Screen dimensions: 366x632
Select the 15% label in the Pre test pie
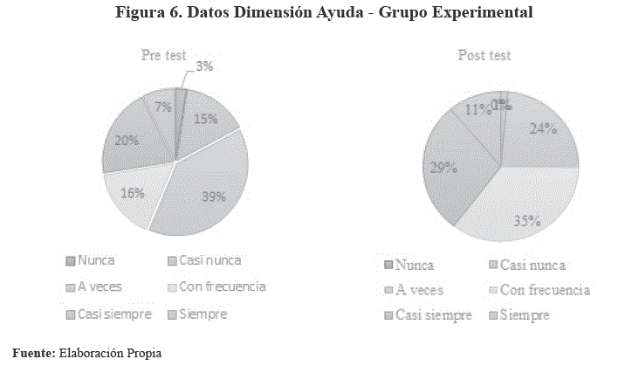point(206,120)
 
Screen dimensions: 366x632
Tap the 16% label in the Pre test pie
point(133,193)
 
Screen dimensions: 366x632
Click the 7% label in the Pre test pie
point(162,107)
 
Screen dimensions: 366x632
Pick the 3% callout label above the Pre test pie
point(206,66)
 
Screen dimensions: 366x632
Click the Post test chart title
point(484,55)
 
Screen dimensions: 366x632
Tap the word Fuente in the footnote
point(32,353)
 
